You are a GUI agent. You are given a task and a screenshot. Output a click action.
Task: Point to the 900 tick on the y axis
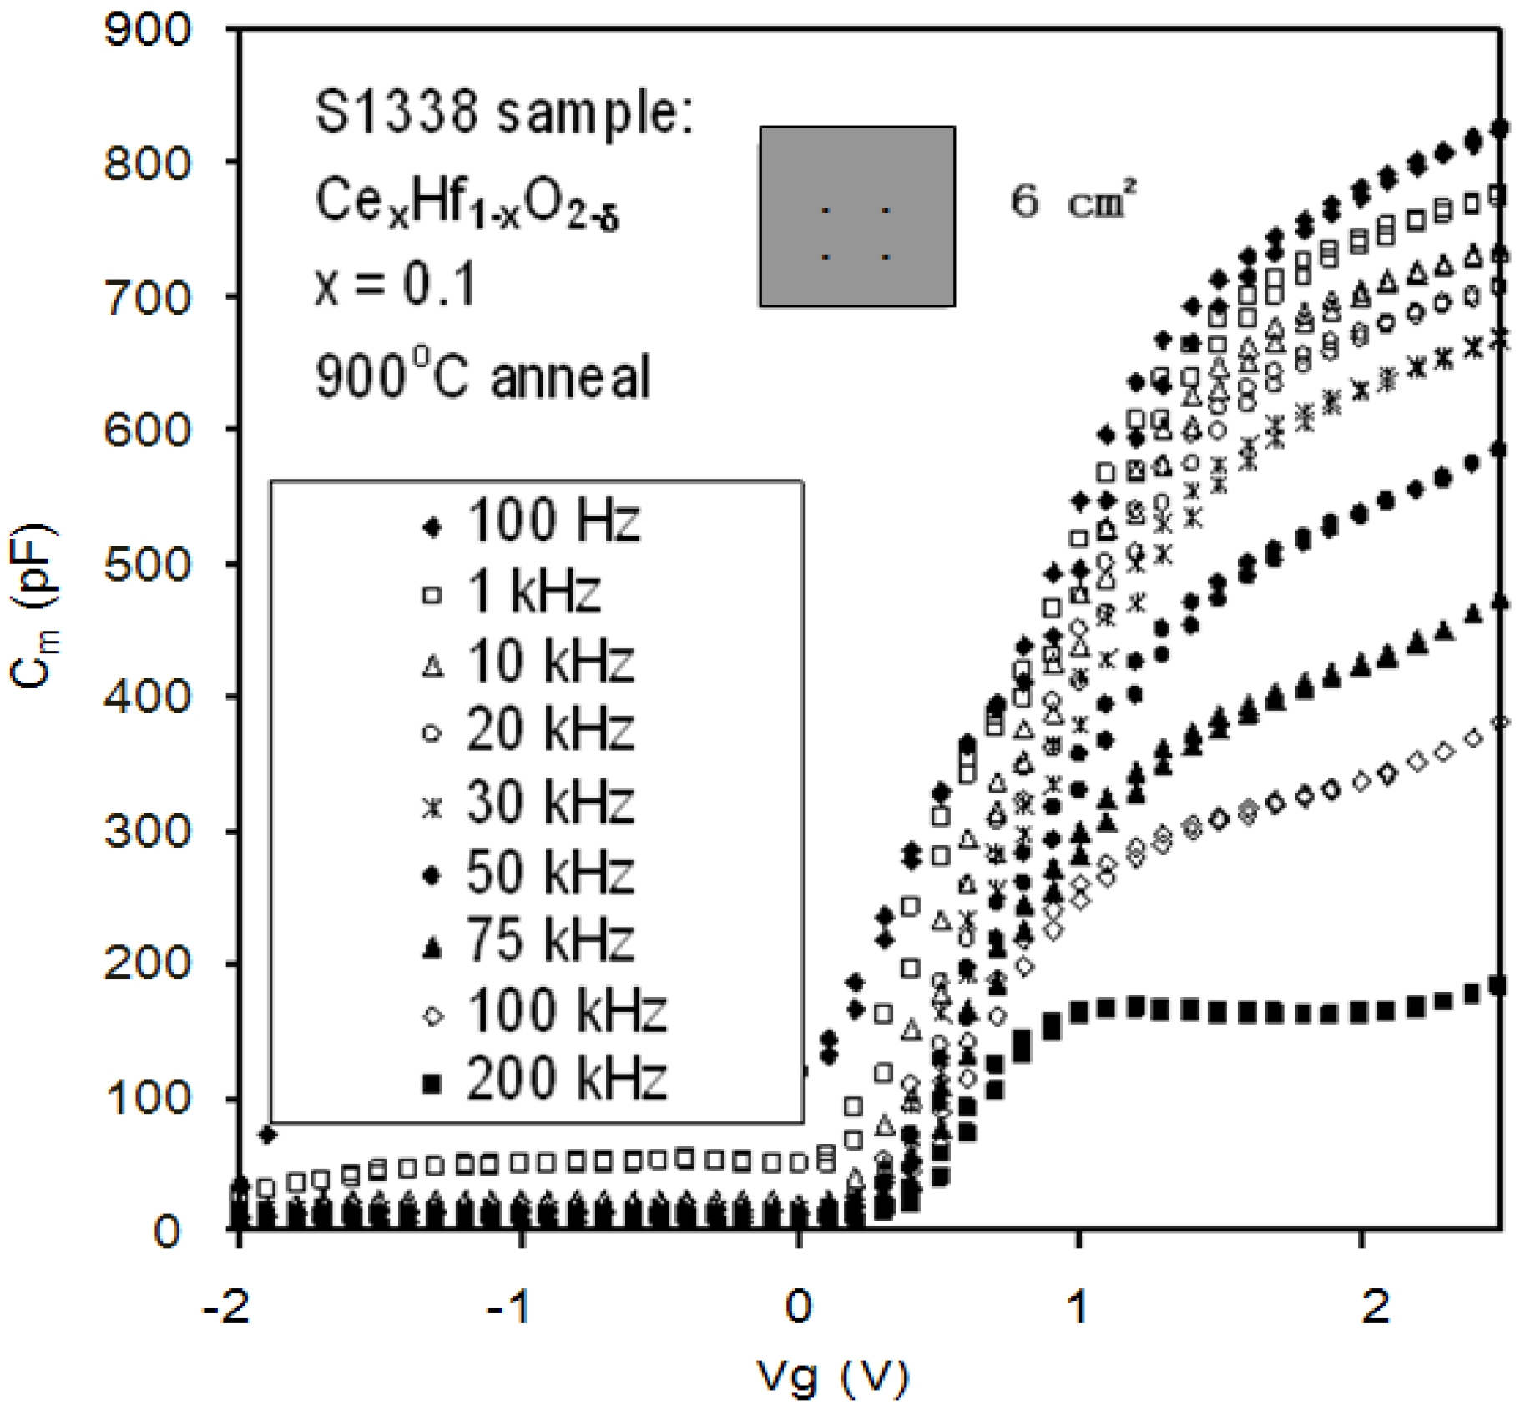point(147,31)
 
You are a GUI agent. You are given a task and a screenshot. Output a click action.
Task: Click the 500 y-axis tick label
point(147,565)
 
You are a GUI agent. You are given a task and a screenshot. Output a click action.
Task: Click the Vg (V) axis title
point(832,1377)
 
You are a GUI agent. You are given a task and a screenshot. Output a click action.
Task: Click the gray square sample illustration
point(856,217)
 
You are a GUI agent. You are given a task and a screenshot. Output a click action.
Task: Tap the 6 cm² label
point(1073,201)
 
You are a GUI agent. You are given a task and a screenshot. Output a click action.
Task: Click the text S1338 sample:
point(504,113)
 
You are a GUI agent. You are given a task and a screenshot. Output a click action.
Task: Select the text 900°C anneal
point(482,376)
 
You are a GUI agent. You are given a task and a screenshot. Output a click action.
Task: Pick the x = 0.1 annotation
point(396,285)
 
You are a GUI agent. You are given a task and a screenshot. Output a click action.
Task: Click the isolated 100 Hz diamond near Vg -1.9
point(268,1135)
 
